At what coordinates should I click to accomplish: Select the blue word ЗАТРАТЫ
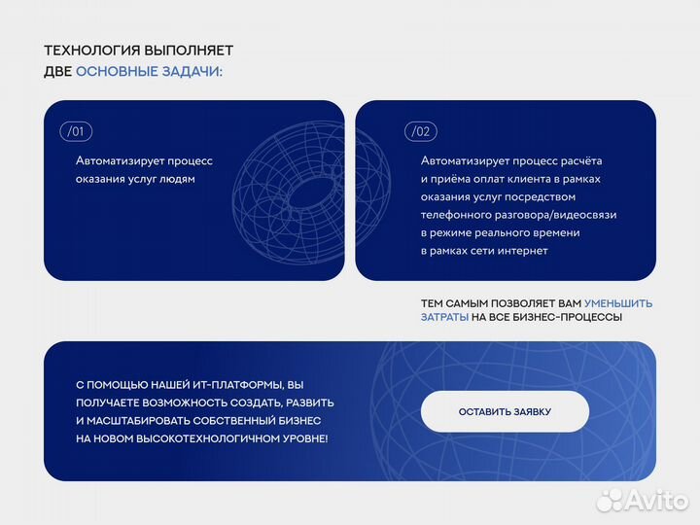[x=444, y=318]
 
